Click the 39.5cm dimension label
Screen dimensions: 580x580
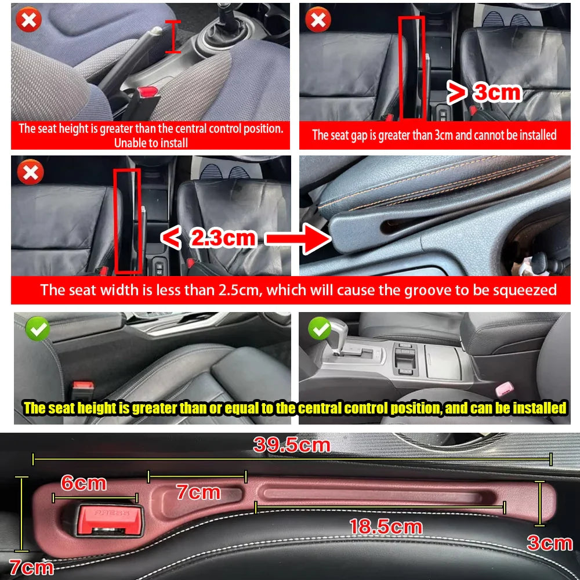292,445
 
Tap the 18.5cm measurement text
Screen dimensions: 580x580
386,527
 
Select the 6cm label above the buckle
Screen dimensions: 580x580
84,483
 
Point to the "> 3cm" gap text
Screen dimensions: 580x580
484,92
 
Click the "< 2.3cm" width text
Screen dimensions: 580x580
208,238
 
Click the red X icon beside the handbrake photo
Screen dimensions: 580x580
28,21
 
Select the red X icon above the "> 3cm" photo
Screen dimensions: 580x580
318,21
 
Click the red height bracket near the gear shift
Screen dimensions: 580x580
172,36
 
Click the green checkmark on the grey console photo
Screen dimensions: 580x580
319,329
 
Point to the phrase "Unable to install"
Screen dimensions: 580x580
151,143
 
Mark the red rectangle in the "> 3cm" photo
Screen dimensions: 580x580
411,67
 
